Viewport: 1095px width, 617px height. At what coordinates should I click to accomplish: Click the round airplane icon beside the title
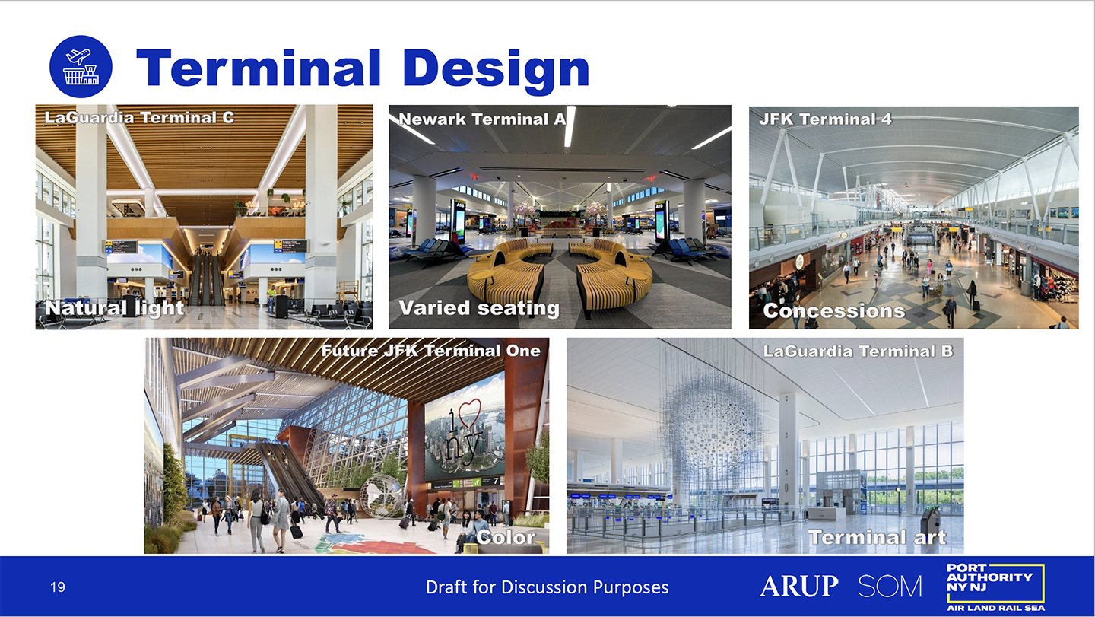tap(81, 66)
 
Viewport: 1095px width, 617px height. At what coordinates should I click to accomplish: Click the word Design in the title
tap(496, 69)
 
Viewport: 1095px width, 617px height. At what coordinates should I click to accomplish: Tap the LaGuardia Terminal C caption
tap(139, 117)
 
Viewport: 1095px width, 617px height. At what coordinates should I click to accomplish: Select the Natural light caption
tap(114, 308)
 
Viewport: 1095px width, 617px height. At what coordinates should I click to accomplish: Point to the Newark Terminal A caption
tap(482, 119)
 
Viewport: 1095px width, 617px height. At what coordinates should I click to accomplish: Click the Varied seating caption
tap(479, 309)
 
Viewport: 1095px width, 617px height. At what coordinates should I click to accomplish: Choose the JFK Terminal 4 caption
tap(825, 119)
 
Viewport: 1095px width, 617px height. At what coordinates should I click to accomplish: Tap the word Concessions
tap(834, 311)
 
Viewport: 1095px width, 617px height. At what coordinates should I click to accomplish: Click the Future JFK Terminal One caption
tap(430, 351)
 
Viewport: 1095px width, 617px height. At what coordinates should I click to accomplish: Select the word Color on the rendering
tap(506, 537)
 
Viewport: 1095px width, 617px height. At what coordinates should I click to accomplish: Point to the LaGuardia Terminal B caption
tap(858, 351)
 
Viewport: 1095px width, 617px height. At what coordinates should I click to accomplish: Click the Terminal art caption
tap(878, 537)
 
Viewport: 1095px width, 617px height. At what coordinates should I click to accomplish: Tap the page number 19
tap(58, 587)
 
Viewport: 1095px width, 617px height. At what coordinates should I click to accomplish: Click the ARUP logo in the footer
tap(798, 586)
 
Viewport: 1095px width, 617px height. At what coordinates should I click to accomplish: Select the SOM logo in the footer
tap(890, 587)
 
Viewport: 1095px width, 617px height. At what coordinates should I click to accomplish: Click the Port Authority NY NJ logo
tap(995, 587)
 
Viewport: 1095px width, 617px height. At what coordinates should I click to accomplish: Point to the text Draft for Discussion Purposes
tap(547, 587)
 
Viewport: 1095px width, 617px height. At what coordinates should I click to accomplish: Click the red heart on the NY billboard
tap(470, 412)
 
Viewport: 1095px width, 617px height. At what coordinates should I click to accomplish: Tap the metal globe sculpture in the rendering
tap(382, 495)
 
